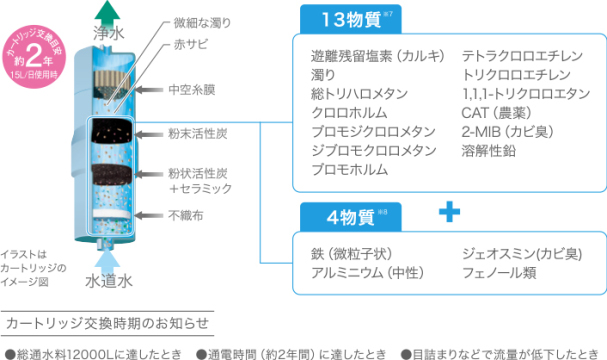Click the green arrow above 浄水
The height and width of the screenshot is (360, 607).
click(107, 12)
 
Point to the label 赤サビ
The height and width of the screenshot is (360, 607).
click(188, 45)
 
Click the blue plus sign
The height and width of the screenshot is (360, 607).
click(453, 212)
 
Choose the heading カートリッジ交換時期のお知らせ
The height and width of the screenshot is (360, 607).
click(107, 323)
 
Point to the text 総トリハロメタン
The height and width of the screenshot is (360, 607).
click(360, 93)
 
